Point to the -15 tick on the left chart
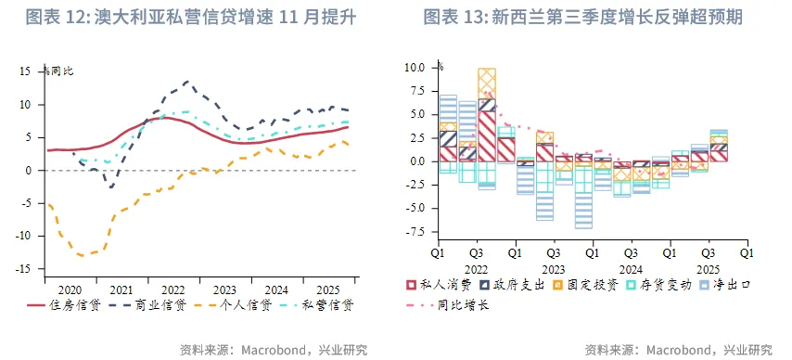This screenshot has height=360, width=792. click(x=26, y=269)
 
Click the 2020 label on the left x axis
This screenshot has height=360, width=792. click(x=71, y=289)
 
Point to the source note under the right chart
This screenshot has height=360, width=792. click(x=678, y=350)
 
